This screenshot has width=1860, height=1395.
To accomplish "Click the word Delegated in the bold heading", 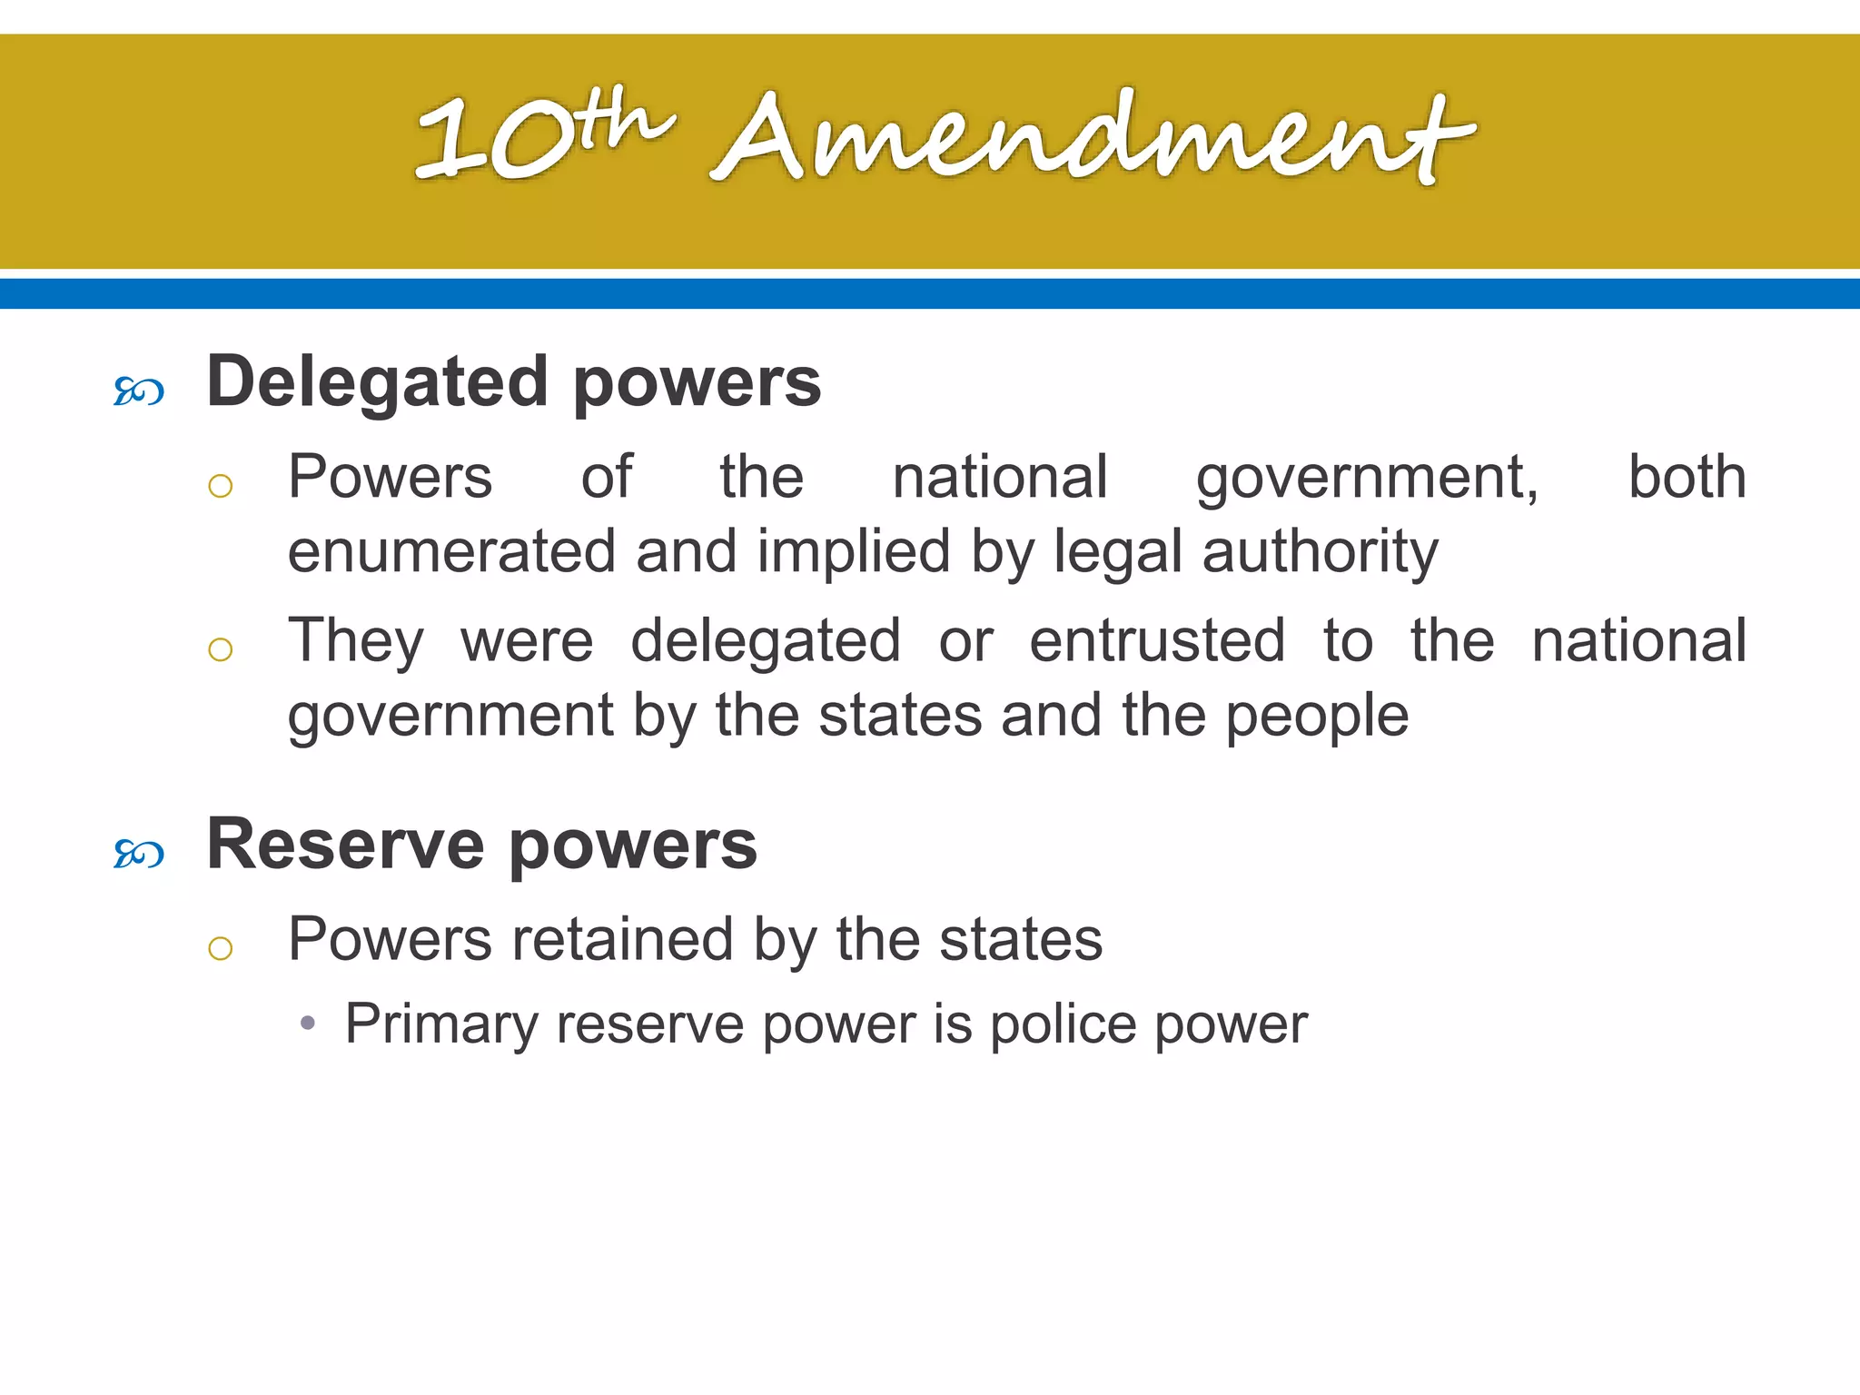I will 377,382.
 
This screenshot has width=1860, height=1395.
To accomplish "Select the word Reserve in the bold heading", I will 345,845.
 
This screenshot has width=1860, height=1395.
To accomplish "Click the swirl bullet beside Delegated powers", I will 139,392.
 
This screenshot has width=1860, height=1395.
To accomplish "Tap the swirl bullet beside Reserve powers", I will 139,855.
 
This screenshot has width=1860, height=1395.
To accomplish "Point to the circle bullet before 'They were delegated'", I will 221,649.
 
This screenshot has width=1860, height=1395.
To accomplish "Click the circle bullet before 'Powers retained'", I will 221,949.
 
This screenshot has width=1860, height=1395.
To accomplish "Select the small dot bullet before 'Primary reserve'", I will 308,1024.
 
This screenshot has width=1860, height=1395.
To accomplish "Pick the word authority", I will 1321,551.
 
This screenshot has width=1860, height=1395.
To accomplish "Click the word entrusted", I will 1157,640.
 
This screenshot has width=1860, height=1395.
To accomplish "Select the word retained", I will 622,939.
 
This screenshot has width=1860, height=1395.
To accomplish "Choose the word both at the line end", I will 1687,477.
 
